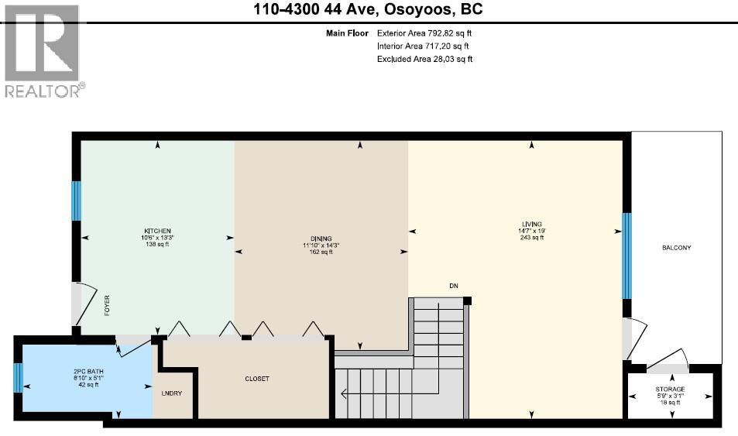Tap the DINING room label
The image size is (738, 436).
[x=321, y=238]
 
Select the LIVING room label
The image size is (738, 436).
[x=531, y=224]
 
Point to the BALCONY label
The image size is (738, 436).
[x=675, y=248]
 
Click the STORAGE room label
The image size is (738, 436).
[x=670, y=389]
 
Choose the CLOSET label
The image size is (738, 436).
[x=256, y=379]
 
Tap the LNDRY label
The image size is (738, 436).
[x=172, y=393]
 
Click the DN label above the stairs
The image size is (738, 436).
[x=454, y=286]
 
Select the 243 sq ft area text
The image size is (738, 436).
[x=531, y=238]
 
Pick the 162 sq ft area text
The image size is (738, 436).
[x=321, y=252]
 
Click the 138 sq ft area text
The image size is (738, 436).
[x=156, y=244]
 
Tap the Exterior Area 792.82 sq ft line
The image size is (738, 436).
[x=424, y=33]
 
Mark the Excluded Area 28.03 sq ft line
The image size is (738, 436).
[x=424, y=59]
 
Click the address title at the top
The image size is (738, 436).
[x=369, y=10]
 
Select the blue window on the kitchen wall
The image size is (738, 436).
[x=77, y=201]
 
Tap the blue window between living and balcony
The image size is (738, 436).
[x=626, y=256]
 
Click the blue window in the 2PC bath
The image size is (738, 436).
[x=17, y=379]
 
